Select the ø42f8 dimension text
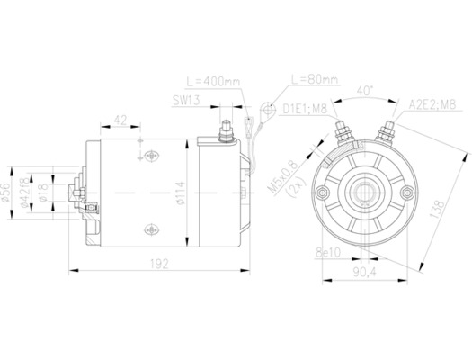(29, 192)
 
